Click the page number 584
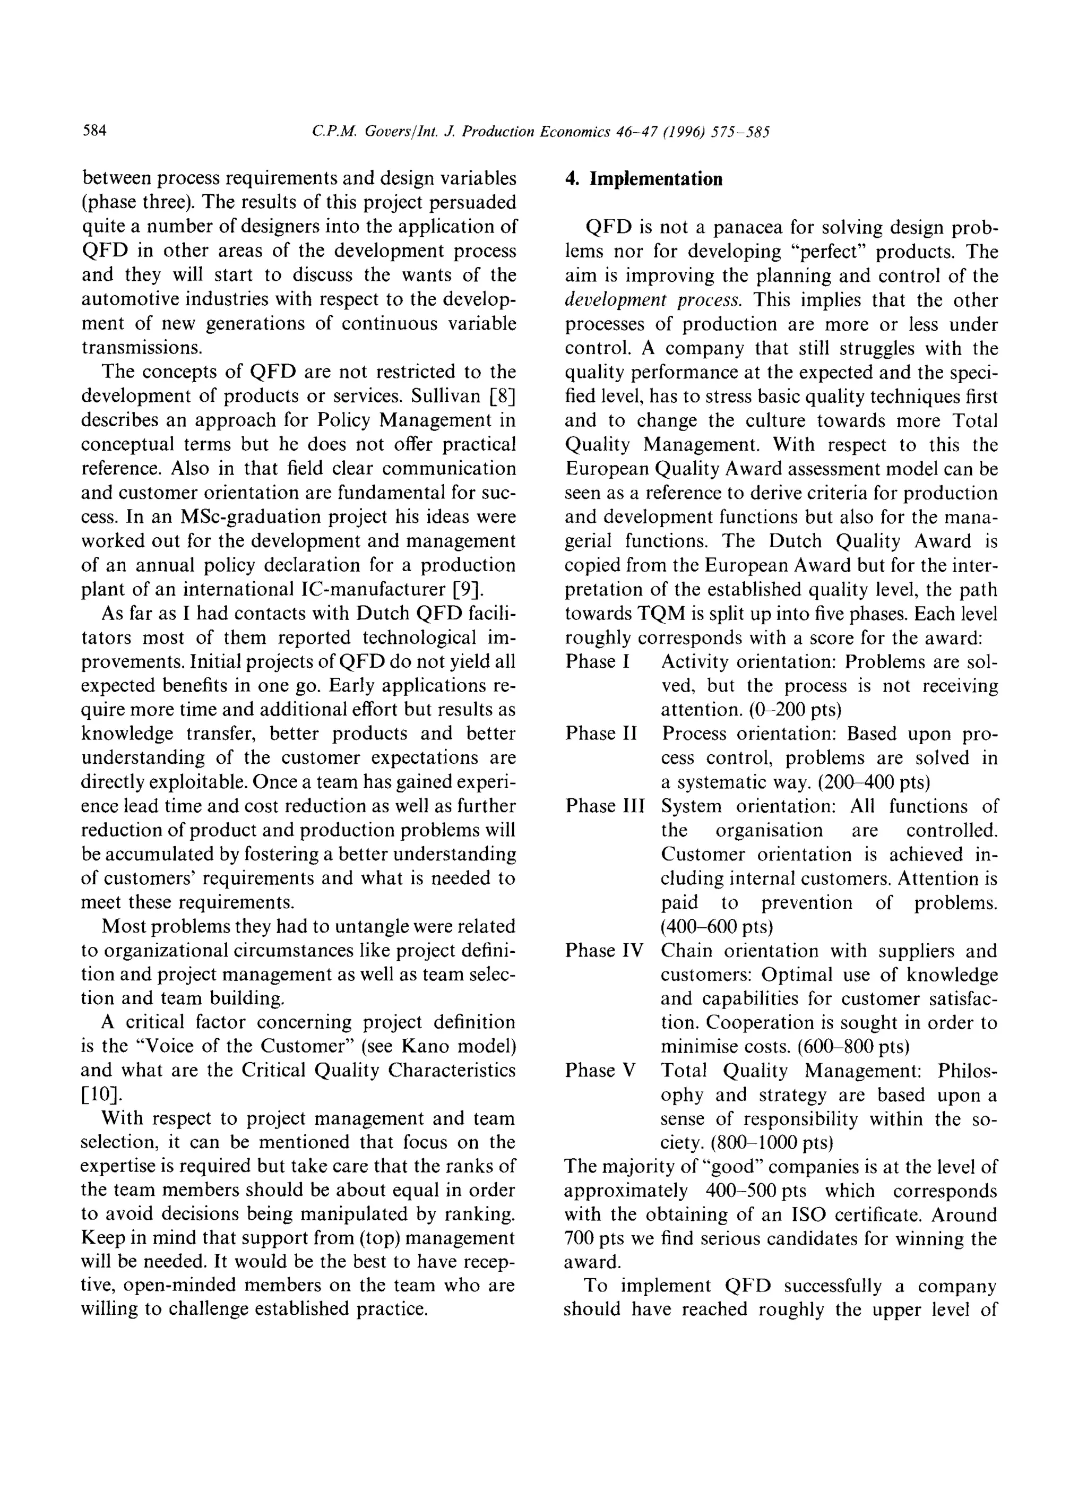click(94, 131)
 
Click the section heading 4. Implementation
click(643, 179)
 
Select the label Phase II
click(601, 734)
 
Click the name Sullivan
click(445, 397)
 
